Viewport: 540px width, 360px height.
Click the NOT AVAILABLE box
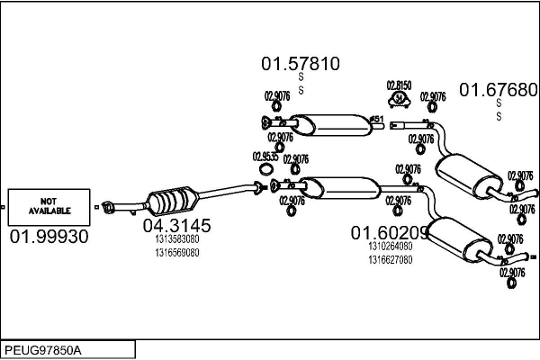pos(49,206)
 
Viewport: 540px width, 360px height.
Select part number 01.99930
pos(49,237)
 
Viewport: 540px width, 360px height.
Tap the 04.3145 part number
pos(176,225)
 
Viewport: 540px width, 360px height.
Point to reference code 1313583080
pos(176,239)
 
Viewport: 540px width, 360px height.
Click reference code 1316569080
pos(176,252)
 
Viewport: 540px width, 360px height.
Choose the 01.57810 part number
pos(301,64)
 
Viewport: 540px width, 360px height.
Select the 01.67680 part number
pos(499,89)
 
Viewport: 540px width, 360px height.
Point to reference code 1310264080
pos(390,246)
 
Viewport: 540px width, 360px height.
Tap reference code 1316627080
pos(390,259)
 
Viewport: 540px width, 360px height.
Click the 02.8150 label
pos(399,85)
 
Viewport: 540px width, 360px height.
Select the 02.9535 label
pos(265,156)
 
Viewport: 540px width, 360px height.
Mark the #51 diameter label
pos(377,118)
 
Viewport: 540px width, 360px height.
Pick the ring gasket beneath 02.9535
pos(265,169)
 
